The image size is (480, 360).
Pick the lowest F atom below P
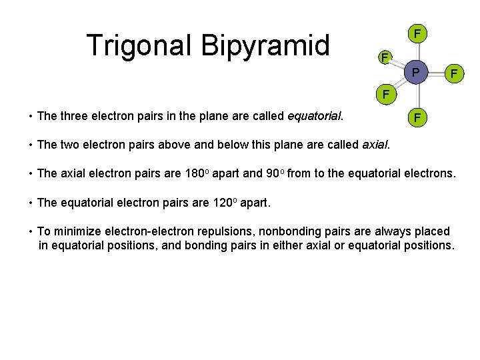click(x=417, y=118)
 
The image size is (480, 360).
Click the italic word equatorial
click(x=313, y=116)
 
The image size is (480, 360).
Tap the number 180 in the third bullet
click(x=193, y=173)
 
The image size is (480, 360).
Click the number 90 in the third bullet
click(x=272, y=173)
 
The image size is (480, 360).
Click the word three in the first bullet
click(x=75, y=116)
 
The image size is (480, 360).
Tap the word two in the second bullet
click(x=71, y=145)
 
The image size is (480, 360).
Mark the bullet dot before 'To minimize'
click(x=31, y=232)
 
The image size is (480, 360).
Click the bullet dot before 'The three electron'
click(x=31, y=117)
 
